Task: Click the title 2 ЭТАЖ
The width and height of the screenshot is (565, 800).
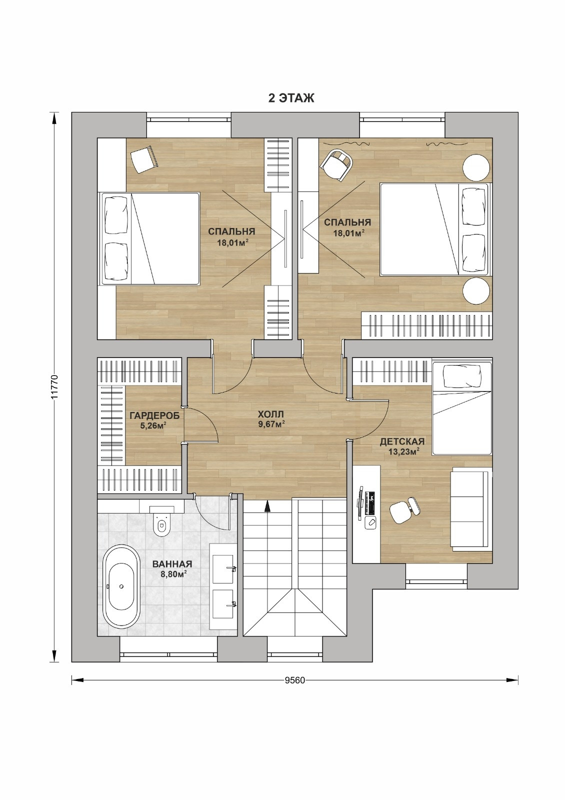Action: point(291,98)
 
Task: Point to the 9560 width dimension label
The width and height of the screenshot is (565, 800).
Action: point(295,680)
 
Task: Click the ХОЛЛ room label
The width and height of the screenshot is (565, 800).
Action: point(270,414)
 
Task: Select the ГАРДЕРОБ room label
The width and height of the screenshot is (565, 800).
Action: point(154,415)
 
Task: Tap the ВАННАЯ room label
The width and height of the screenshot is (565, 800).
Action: point(172,564)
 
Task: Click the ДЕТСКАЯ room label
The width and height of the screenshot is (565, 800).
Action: point(402,442)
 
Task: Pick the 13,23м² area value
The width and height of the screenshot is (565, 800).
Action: point(403,452)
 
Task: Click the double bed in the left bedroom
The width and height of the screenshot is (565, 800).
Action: point(150,238)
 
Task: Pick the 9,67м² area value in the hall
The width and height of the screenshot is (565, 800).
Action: point(271,424)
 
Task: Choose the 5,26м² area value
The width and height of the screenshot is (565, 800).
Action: point(154,425)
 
